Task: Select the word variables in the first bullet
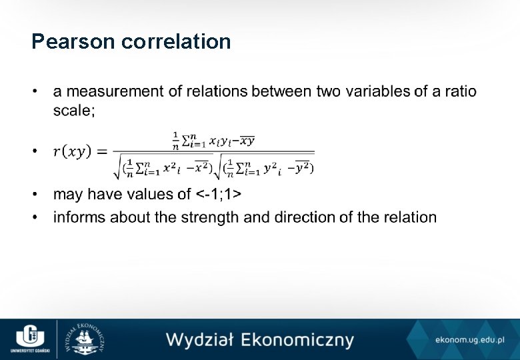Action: click(x=378, y=91)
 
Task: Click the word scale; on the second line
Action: click(x=74, y=111)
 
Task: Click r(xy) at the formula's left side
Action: click(x=73, y=153)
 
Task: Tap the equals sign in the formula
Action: click(x=102, y=153)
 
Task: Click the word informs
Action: click(x=79, y=217)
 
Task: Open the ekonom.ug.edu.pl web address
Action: click(x=469, y=341)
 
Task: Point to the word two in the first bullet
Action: click(x=329, y=91)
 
